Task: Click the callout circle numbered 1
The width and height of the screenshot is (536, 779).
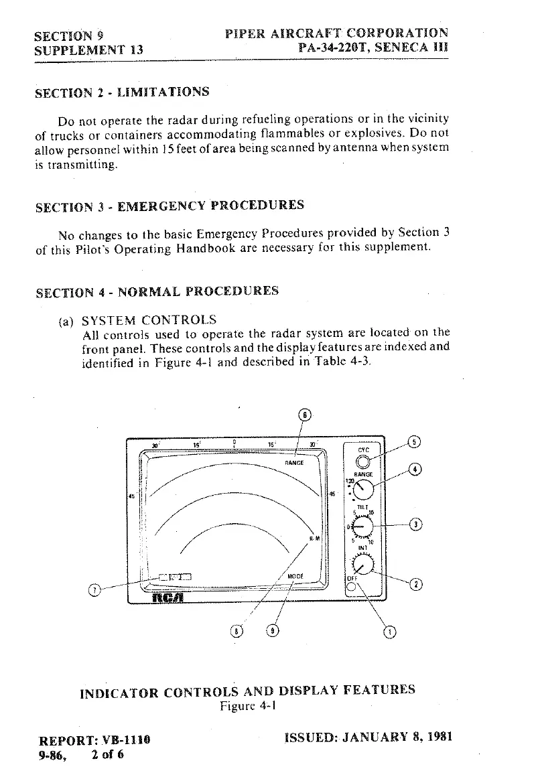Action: [391, 631]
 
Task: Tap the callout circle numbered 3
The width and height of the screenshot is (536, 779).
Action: [416, 524]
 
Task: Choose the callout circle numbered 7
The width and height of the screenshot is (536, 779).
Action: [95, 591]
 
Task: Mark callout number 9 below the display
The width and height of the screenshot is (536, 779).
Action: [272, 631]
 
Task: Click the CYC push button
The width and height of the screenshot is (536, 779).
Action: [362, 462]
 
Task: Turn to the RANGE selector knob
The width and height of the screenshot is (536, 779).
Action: [363, 490]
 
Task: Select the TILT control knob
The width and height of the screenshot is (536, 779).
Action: [362, 528]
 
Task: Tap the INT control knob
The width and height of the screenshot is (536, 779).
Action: [362, 567]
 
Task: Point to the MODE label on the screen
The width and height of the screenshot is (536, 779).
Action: [295, 576]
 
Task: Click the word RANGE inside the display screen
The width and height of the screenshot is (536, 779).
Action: [293, 462]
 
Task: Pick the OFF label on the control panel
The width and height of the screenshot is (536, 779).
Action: [352, 579]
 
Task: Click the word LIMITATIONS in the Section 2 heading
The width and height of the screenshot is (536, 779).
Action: [163, 92]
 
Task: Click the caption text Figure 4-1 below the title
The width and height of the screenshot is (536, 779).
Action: [249, 706]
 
